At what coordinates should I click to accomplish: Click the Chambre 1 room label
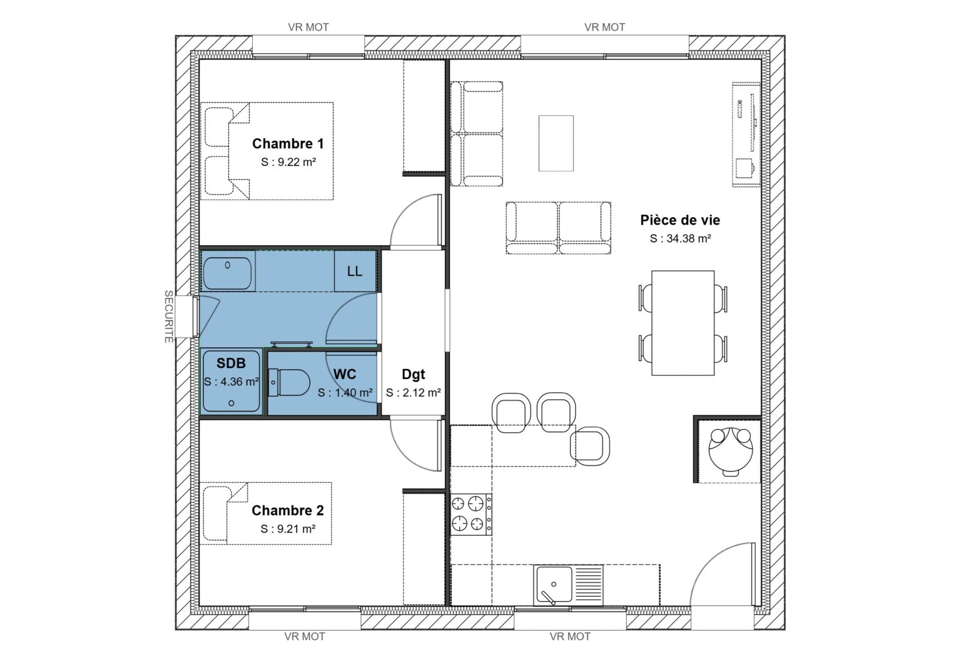(288, 143)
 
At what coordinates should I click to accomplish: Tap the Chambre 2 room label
(287, 510)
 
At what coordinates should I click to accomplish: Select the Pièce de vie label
(679, 220)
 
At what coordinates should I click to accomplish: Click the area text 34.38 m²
(680, 238)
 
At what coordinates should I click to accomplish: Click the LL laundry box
(355, 271)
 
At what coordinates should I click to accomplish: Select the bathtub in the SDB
(228, 272)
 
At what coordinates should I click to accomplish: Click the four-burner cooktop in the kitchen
(471, 514)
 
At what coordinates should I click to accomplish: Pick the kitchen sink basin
(553, 584)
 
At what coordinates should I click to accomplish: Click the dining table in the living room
(683, 323)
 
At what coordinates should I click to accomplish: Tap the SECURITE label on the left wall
(168, 316)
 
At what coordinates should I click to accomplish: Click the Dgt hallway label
(413, 374)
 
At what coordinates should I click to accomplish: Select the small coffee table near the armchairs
(556, 143)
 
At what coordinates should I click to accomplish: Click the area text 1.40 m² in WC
(345, 393)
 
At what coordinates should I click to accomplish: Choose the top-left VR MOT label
(308, 27)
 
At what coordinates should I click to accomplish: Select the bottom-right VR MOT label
(570, 636)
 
